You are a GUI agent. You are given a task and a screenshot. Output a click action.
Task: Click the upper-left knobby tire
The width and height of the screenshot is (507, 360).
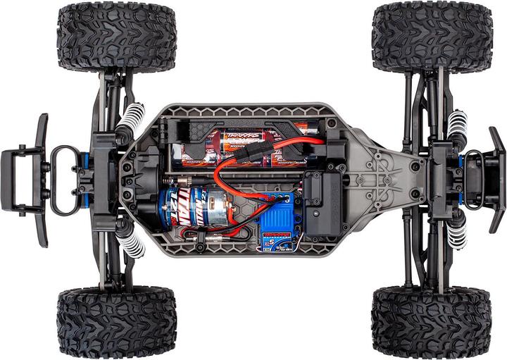[x=116, y=37]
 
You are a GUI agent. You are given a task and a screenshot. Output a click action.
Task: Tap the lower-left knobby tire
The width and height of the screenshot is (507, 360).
[x=116, y=321]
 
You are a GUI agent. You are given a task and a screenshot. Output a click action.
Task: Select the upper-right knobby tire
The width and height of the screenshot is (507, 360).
[x=432, y=36]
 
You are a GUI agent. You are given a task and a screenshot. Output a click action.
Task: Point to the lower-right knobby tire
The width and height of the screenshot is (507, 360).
[x=432, y=322]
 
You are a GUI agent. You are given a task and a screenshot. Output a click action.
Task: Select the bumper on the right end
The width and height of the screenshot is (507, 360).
[x=493, y=180]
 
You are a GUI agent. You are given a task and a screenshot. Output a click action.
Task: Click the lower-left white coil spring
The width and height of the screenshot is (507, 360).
[x=130, y=240]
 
